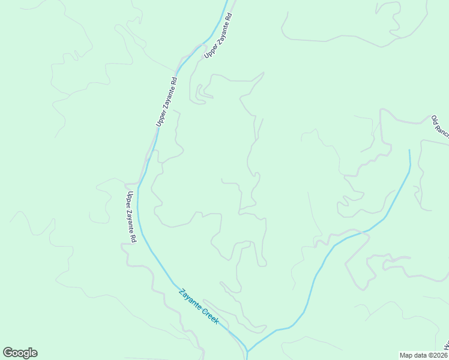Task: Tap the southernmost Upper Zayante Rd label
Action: (131, 217)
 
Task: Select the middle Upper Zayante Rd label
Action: (166, 101)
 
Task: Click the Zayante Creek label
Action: (199, 307)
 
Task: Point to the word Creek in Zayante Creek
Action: (209, 315)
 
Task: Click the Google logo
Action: (20, 353)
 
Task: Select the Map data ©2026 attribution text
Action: (424, 355)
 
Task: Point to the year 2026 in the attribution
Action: (439, 355)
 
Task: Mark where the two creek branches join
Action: (247, 351)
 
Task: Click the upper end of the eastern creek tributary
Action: (409, 151)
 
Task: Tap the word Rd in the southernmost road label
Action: (133, 238)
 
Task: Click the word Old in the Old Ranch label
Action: (435, 119)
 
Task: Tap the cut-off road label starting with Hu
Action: (447, 347)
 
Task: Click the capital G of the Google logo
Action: (8, 353)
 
